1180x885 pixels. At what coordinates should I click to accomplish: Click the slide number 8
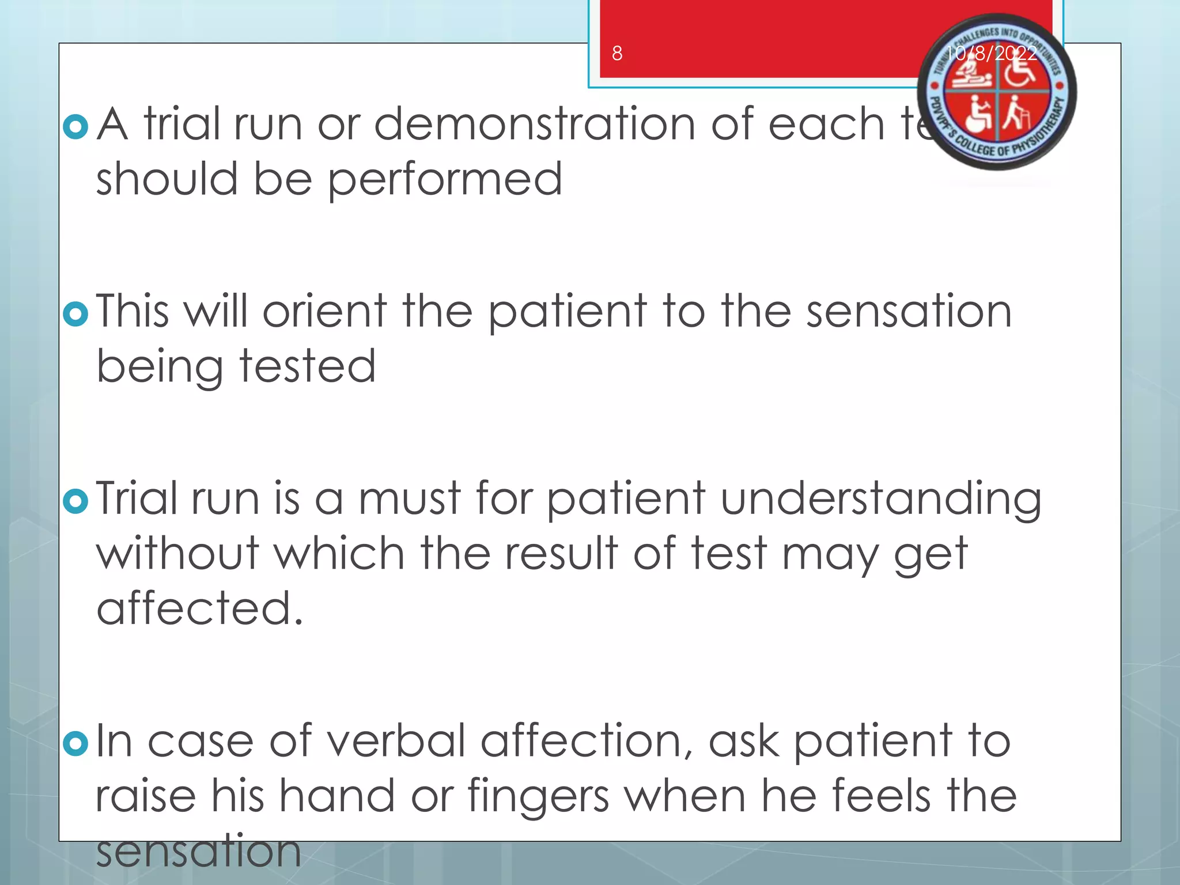pos(617,54)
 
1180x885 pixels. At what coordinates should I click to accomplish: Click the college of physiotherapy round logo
pos(996,92)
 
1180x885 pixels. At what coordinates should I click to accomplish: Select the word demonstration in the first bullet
pos(535,124)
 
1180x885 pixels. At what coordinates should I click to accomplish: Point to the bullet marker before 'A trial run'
pos(75,127)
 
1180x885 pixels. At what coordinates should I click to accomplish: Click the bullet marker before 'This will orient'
pos(75,314)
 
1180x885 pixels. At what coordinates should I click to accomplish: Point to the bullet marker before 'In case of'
pos(75,743)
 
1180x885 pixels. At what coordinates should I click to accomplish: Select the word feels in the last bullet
pos(882,796)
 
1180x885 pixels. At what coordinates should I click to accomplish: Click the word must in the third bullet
pos(410,498)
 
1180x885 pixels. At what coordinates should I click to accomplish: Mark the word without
pos(177,554)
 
